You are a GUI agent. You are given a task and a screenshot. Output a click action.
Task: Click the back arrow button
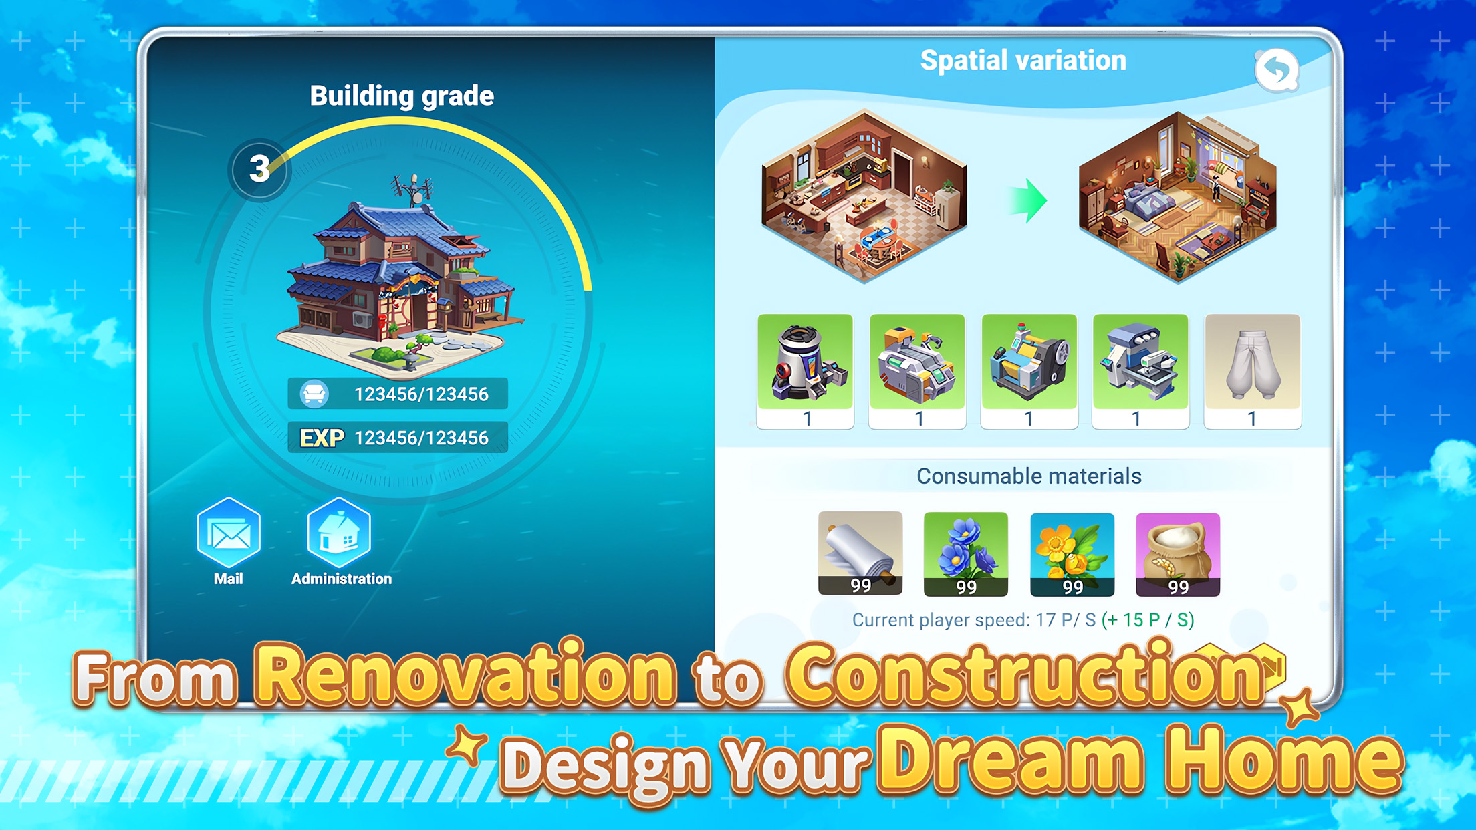1277,70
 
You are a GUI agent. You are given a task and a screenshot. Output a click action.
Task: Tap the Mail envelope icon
229,533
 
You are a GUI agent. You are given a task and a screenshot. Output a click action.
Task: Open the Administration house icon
339,533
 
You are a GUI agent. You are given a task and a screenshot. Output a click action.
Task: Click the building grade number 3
259,169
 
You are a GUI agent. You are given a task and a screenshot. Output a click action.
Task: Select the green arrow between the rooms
1028,200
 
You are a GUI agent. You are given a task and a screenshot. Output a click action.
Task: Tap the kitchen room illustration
864,196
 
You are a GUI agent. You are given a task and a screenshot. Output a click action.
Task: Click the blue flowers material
966,554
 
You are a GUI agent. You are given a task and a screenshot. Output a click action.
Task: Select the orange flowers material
1072,554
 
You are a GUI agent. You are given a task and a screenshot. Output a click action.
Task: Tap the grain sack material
1178,554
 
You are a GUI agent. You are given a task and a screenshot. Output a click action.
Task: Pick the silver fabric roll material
860,553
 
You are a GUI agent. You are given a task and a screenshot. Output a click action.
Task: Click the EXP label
322,438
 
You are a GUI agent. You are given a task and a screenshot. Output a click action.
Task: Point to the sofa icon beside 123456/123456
314,394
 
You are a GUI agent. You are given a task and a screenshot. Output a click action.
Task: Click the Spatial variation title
1023,61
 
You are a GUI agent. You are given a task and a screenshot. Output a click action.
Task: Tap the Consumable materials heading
1029,476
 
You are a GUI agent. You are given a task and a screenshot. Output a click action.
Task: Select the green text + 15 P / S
1148,620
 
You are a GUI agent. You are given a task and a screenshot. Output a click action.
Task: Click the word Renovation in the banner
465,676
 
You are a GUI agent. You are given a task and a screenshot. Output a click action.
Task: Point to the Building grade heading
402,96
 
